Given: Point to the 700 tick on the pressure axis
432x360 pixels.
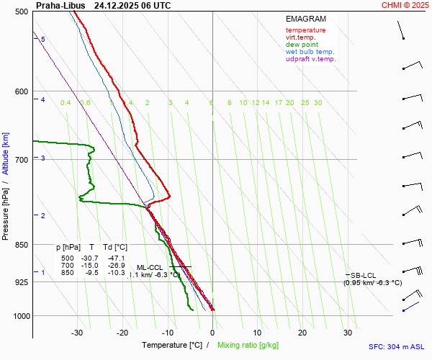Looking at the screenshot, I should coord(20,159).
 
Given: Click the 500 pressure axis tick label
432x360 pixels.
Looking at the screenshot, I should coord(20,12).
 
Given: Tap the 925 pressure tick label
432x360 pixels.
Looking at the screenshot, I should coord(20,282).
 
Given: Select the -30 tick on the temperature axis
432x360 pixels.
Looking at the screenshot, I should coord(77,333).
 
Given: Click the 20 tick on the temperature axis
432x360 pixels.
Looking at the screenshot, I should coord(302,333).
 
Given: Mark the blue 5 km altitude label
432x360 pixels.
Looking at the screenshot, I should coord(43,39).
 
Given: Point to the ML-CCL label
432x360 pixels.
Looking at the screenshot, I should coord(150,267).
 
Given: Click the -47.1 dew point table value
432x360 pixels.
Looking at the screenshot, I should coord(116,258).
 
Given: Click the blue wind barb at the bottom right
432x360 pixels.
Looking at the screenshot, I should coord(410,307).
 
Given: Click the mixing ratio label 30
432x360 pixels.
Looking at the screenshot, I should coord(318,103).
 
